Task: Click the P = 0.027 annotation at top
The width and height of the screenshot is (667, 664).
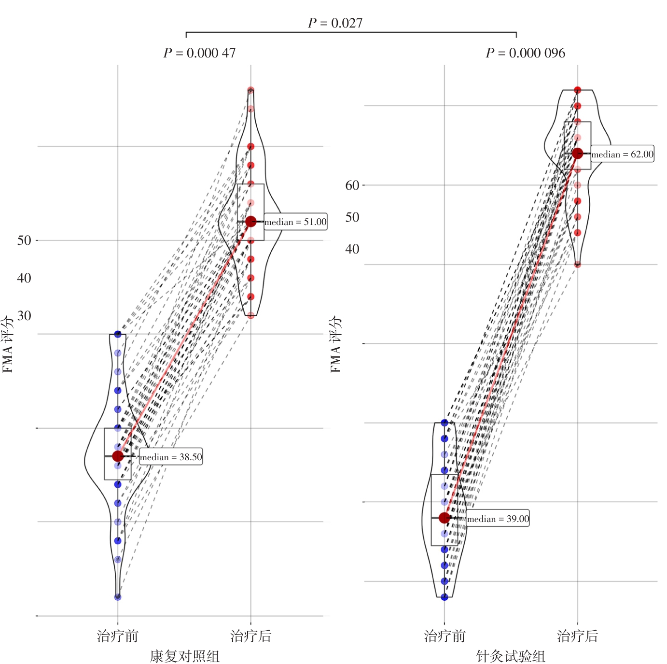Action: [335, 23]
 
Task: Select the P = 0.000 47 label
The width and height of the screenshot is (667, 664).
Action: [199, 53]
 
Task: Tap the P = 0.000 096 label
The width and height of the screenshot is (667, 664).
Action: [525, 53]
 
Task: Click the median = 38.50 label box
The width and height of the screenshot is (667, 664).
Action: [171, 457]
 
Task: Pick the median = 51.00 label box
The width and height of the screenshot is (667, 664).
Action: [295, 222]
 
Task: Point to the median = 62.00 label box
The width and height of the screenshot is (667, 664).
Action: [622, 154]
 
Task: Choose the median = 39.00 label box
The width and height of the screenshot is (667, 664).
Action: [498, 519]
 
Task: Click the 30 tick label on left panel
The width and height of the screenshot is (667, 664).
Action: [24, 315]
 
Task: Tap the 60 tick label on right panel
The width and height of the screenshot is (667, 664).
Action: [352, 185]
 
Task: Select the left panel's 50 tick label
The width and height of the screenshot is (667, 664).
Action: [24, 240]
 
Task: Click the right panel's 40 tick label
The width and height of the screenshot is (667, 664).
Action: [352, 249]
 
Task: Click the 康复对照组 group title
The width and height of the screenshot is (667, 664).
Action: [185, 656]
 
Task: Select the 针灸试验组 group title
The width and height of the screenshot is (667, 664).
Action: [511, 656]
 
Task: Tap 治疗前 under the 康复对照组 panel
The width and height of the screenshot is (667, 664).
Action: [118, 636]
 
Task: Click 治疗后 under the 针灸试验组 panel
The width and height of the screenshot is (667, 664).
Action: [577, 636]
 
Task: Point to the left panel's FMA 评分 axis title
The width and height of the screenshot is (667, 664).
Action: [8, 344]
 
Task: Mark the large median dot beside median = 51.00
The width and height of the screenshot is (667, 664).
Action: [251, 222]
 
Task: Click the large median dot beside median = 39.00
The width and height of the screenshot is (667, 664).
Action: [445, 518]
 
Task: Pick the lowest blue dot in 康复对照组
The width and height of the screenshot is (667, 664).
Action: [118, 597]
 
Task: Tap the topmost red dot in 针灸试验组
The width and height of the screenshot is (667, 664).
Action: [577, 90]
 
